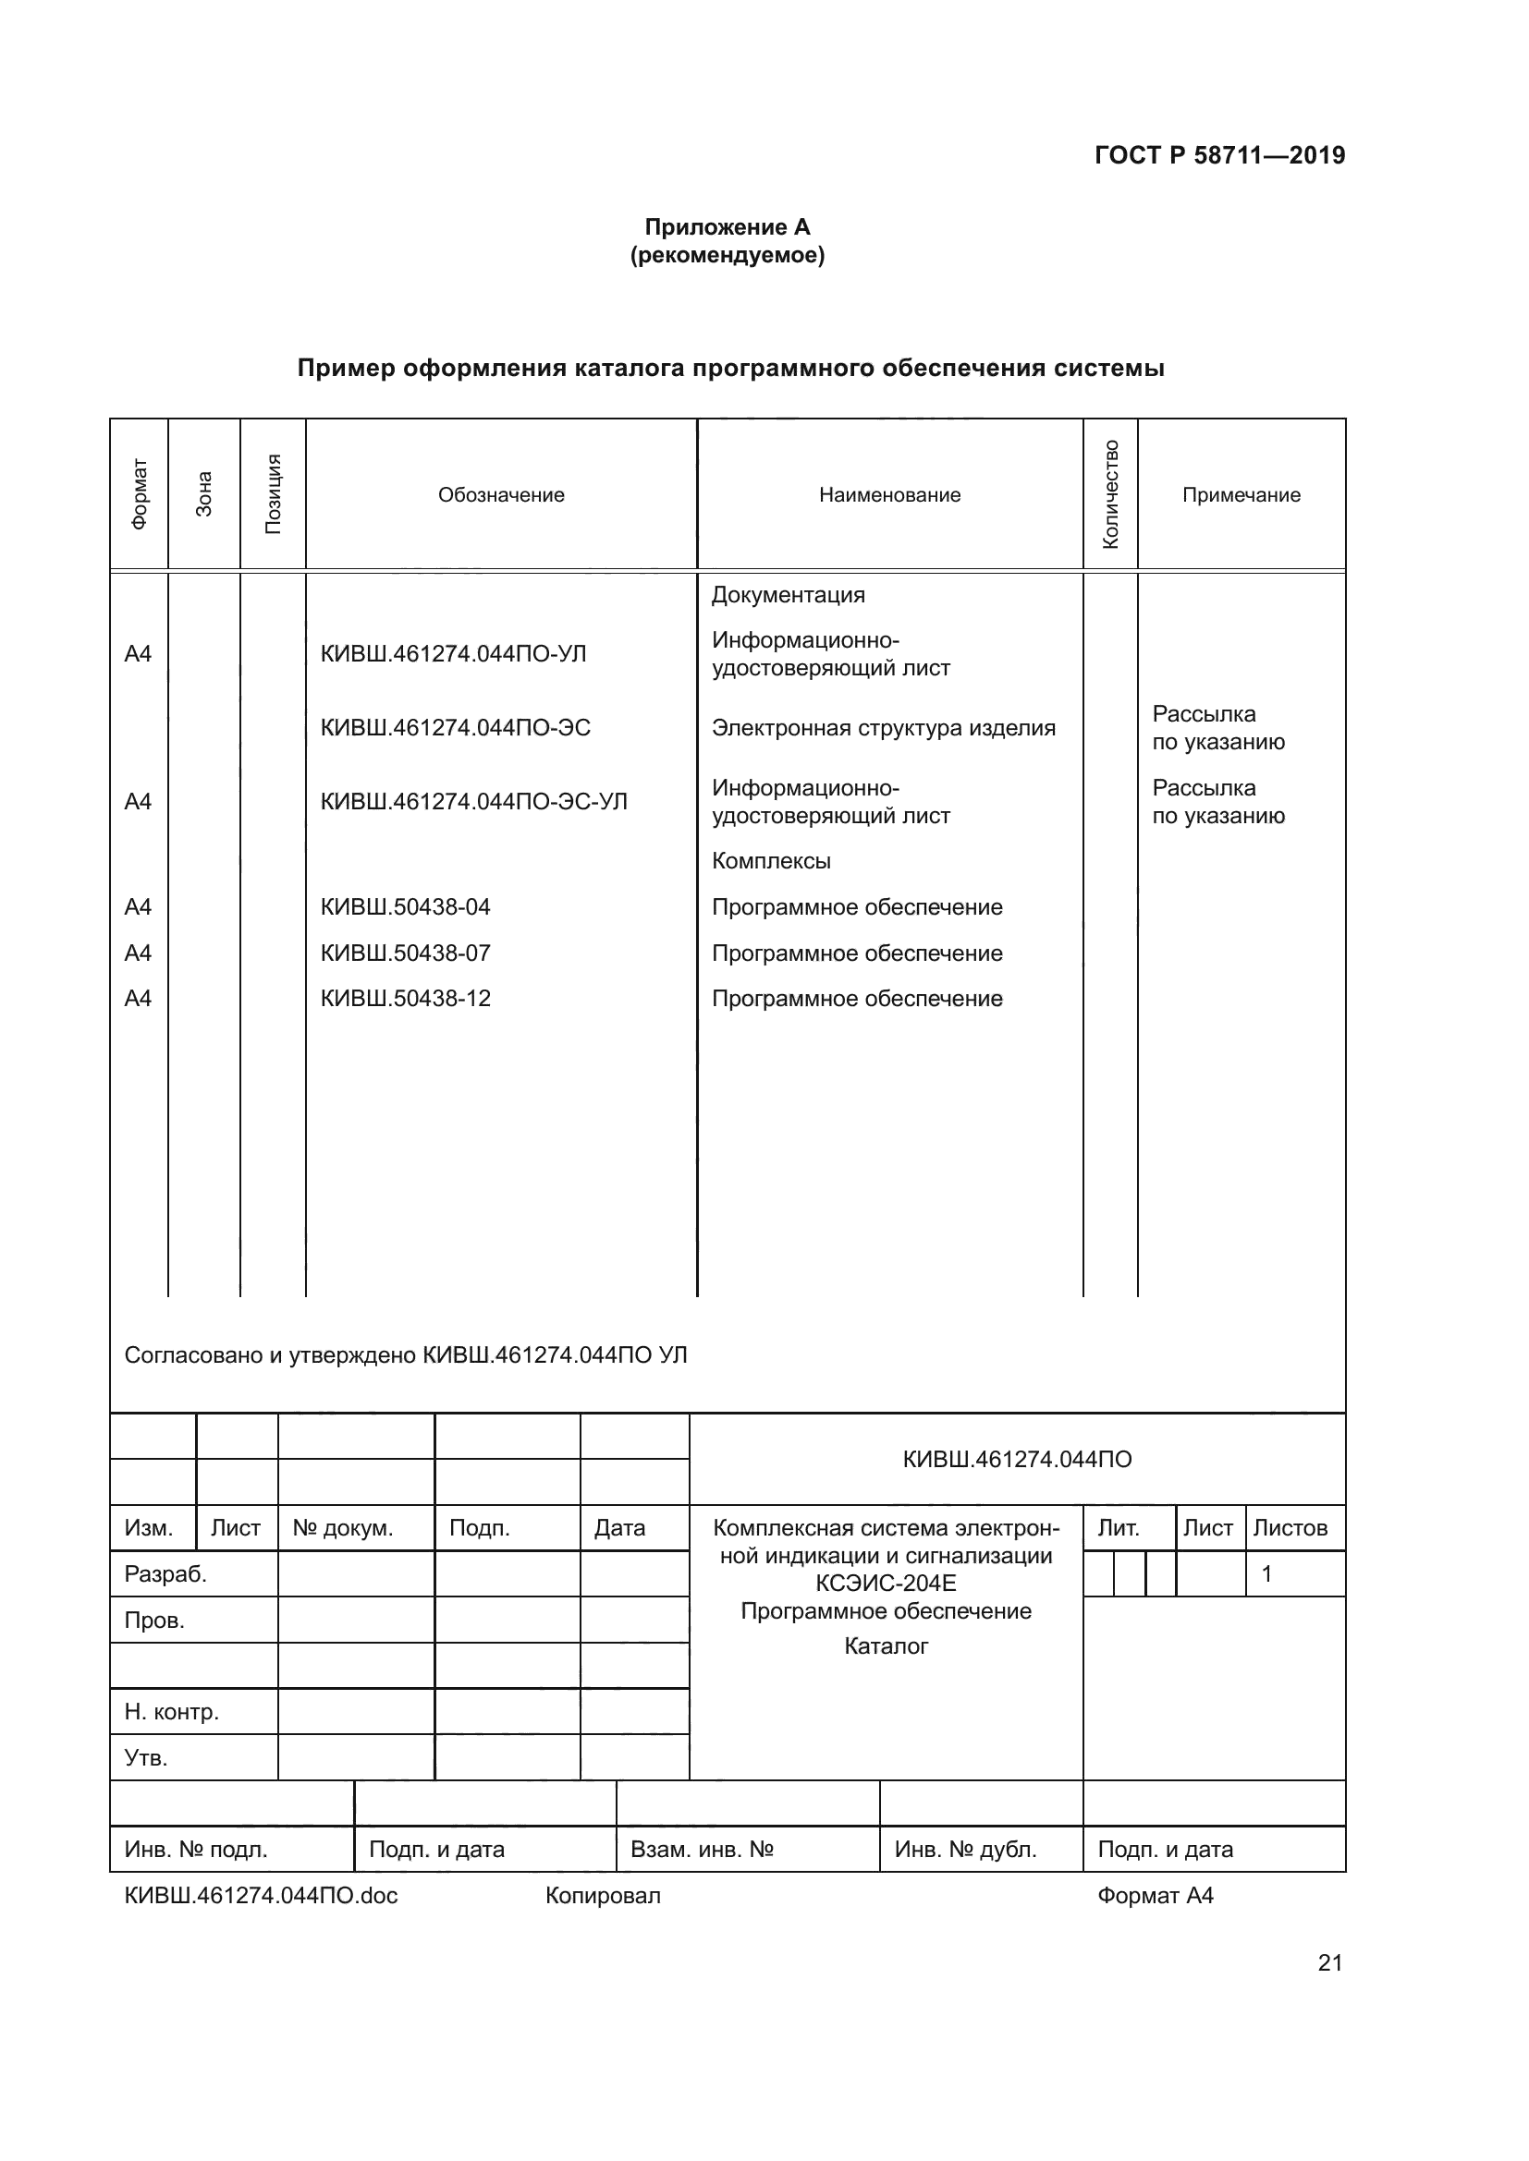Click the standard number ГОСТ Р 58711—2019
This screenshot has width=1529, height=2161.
pos(1219,155)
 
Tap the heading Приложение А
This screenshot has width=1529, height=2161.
pos(727,227)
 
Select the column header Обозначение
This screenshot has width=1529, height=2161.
pos(501,495)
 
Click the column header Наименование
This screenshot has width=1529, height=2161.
pos(888,495)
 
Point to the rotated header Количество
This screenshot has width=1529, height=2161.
pos(1111,494)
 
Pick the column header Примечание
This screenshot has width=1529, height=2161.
pos(1241,495)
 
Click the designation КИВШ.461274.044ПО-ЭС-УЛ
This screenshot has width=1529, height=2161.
pos(473,802)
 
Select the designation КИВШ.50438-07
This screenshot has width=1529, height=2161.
pos(405,953)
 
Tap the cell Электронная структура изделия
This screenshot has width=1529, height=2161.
pos(883,727)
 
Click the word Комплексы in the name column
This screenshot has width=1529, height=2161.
pos(771,861)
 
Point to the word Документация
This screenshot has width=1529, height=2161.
pos(788,595)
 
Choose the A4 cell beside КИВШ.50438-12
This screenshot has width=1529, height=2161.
pos(138,999)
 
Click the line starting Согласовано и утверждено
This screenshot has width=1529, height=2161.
pos(406,1355)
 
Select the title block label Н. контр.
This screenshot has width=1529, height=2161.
pos(171,1712)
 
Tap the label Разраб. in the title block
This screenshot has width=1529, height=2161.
pos(165,1573)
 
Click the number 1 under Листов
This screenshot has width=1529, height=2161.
pos(1266,1573)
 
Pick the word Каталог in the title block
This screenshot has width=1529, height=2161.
pos(886,1646)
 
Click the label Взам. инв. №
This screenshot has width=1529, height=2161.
pos(702,1850)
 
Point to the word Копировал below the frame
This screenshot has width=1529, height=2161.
pos(603,1896)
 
